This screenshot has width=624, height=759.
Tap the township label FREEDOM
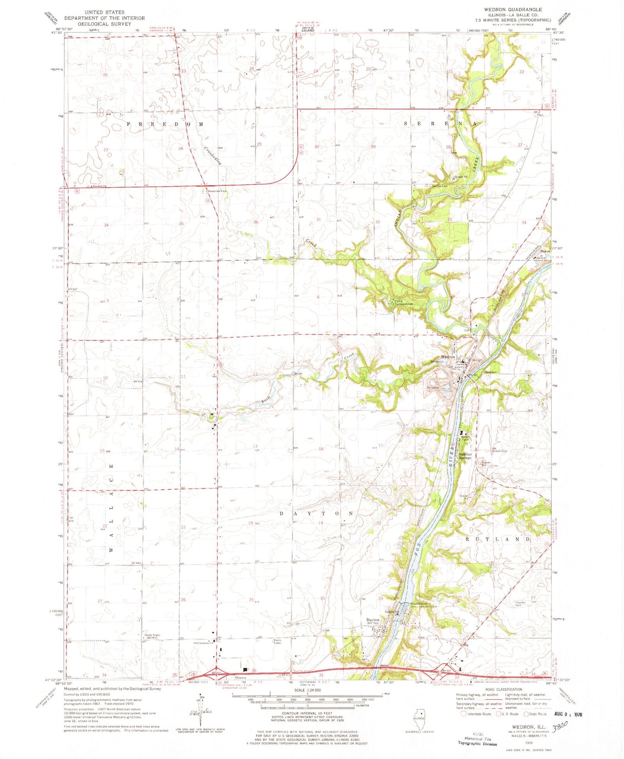coord(165,124)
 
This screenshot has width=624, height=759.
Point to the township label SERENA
coord(440,124)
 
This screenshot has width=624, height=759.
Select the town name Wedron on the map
coord(448,357)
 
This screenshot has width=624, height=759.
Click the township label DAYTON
coord(317,514)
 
